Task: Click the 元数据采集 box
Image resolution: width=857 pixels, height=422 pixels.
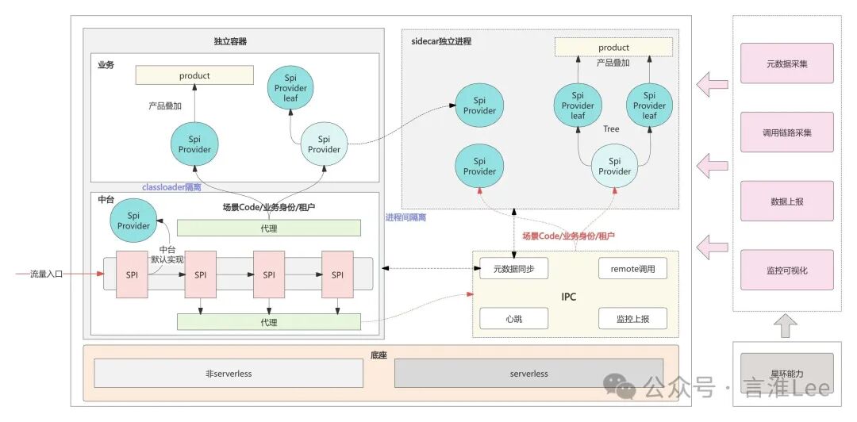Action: [786, 63]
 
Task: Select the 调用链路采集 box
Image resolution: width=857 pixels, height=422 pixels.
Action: [786, 132]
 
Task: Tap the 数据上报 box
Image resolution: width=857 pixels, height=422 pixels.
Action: [786, 201]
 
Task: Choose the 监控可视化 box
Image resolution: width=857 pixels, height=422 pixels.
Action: [786, 270]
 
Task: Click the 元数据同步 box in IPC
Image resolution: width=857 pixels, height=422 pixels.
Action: [513, 269]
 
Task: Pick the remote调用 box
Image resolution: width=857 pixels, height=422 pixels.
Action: [632, 269]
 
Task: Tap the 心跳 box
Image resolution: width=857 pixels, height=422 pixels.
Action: [513, 318]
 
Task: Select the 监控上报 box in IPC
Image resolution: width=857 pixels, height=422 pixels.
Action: [632, 318]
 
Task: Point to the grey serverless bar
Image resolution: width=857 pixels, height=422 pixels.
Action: [528, 373]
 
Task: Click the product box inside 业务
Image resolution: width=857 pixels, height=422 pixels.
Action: [194, 75]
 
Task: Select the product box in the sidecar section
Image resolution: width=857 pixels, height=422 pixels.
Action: [613, 48]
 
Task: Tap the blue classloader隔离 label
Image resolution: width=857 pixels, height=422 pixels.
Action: [171, 187]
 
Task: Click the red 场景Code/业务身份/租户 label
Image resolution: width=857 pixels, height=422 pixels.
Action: [568, 236]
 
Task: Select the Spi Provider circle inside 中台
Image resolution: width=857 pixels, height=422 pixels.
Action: [133, 221]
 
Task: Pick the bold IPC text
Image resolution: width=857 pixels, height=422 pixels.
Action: [568, 297]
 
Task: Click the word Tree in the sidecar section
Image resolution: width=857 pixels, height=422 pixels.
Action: [611, 129]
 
